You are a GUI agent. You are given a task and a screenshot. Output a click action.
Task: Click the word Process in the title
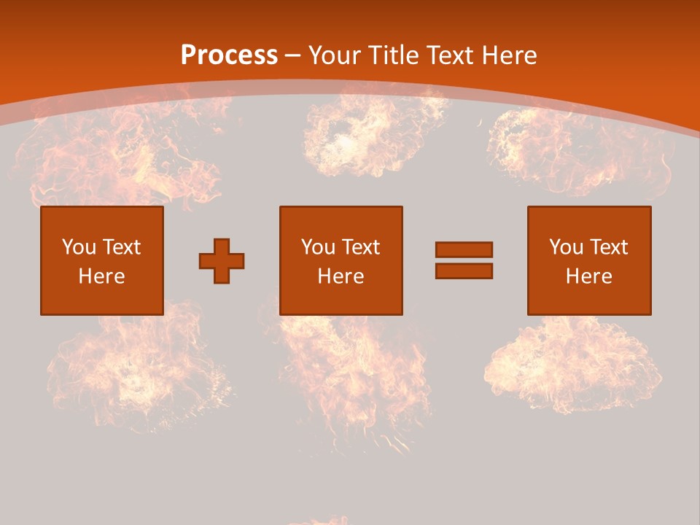[229, 55]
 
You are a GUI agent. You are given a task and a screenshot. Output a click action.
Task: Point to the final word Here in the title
[509, 55]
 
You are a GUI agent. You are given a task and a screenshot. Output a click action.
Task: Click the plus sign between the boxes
[222, 261]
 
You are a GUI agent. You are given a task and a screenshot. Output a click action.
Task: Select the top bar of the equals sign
[464, 249]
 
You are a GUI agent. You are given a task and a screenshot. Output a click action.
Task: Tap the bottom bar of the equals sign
[464, 271]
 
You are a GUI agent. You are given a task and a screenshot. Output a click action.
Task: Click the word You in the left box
[78, 247]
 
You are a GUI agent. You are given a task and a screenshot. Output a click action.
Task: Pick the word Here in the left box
[101, 276]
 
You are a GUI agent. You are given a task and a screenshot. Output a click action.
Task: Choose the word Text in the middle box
[360, 247]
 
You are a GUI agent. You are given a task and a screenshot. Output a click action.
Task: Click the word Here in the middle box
[341, 276]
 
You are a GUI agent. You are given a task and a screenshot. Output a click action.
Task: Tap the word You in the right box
[565, 247]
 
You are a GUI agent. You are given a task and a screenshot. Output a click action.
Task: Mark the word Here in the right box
[588, 276]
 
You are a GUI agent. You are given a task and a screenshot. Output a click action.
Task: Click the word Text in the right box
[608, 247]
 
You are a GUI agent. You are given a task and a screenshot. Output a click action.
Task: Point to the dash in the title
[292, 56]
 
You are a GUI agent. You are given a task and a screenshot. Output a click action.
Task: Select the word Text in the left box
[121, 247]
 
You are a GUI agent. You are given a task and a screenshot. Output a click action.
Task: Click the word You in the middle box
[317, 247]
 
